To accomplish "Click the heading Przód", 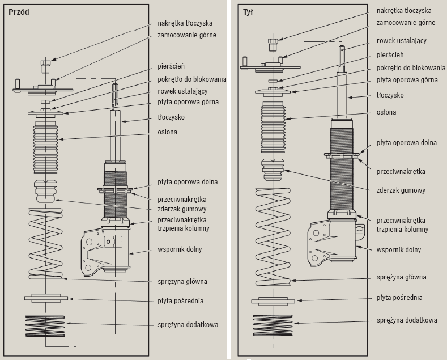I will coord(20,11).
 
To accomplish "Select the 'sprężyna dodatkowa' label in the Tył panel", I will coord(407,320).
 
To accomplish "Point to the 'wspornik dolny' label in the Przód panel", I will coord(180,249).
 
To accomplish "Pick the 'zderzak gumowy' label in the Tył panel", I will coord(401,190).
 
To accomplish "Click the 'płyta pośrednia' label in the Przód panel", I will coord(180,300).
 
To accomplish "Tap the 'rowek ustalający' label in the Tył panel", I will coord(402,41).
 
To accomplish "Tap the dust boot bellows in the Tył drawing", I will coord(274,129).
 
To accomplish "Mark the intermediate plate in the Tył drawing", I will coord(274,300).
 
